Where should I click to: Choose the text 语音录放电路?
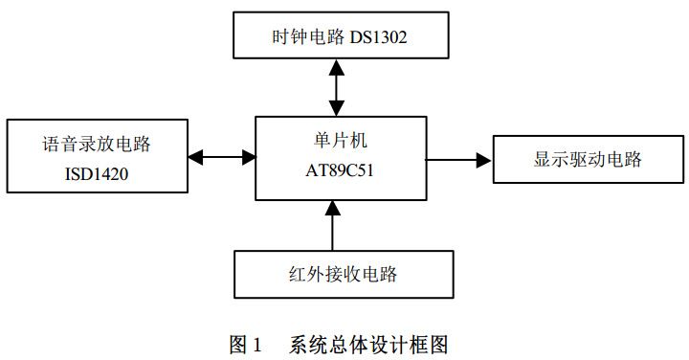pos(97,145)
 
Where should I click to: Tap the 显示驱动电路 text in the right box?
pos(588,159)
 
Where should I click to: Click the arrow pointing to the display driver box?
pos(459,159)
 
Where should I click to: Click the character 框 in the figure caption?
pos(420,343)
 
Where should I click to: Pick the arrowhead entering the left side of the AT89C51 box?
pos(248,156)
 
